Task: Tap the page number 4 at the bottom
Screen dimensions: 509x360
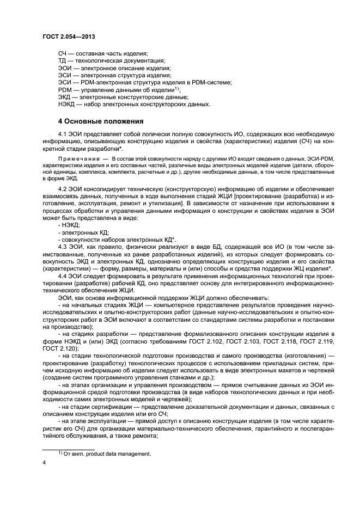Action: [x=44, y=462]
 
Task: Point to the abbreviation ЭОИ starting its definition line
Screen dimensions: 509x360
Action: [x=64, y=68]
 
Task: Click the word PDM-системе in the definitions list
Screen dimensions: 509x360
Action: [x=213, y=82]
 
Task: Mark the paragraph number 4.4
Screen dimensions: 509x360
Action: [x=63, y=277]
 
